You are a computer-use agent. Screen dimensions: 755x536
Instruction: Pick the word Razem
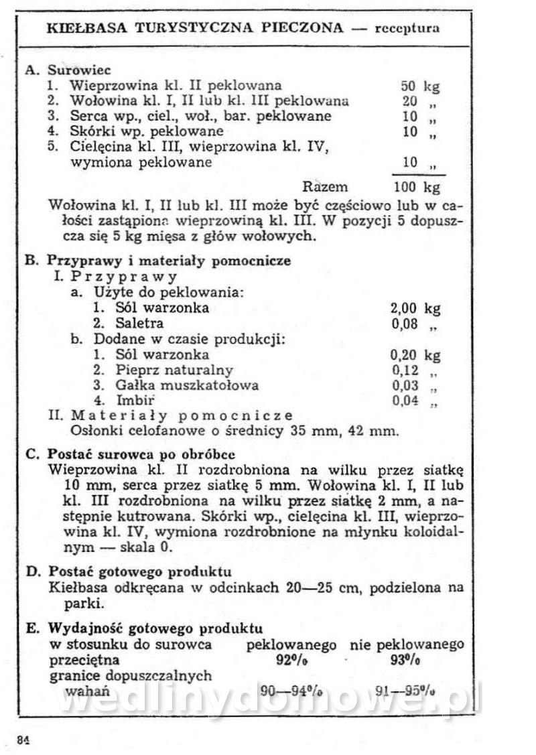(325, 187)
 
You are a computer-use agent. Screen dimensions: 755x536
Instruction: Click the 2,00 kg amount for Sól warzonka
(415, 308)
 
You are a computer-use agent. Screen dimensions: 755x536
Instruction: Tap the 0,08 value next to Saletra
(405, 324)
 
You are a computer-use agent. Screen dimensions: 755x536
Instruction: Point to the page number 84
(24, 739)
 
